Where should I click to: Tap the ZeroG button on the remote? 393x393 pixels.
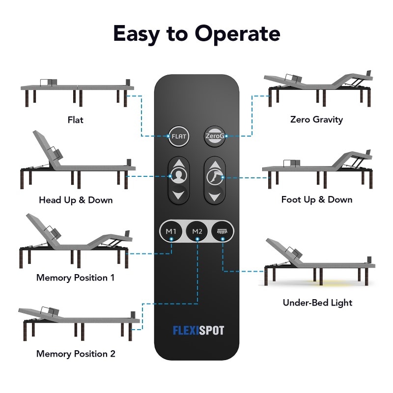click(215, 136)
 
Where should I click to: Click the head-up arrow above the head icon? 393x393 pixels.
click(178, 163)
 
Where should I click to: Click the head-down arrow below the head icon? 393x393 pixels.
click(178, 195)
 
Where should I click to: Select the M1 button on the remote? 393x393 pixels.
click(171, 231)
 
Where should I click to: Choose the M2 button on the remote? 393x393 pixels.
click(197, 231)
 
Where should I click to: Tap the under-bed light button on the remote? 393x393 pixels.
click(223, 231)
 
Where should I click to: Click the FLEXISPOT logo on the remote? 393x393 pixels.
click(198, 330)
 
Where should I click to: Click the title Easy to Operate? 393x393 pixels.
click(197, 33)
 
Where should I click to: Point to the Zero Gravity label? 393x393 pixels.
click(316, 119)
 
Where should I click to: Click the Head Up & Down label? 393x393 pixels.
click(76, 200)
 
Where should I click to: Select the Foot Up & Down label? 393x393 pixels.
click(317, 199)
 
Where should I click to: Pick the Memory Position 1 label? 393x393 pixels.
click(76, 278)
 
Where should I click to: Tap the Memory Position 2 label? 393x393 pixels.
click(76, 354)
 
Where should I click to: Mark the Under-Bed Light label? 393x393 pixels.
click(317, 303)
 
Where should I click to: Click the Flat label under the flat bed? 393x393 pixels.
click(76, 120)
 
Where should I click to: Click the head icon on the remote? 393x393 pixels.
click(178, 176)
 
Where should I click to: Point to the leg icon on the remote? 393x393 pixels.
click(215, 176)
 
